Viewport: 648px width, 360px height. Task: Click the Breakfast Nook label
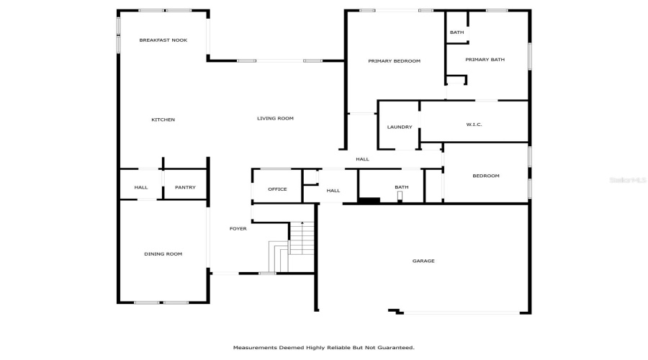click(x=163, y=40)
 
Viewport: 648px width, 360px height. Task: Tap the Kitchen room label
click(x=163, y=120)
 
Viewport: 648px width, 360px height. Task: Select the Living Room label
click(x=275, y=118)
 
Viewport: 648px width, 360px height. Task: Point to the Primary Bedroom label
click(x=394, y=61)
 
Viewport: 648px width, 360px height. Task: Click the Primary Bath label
click(x=485, y=60)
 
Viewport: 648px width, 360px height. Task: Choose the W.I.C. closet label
click(x=474, y=125)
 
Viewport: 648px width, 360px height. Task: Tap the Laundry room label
click(x=400, y=127)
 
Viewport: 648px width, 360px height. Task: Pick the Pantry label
click(x=185, y=188)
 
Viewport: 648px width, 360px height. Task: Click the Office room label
click(x=277, y=189)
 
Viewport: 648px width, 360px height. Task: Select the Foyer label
click(x=238, y=229)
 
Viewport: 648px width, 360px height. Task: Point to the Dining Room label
click(x=163, y=253)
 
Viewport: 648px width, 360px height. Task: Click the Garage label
click(x=423, y=261)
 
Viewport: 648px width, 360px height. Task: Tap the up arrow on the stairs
click(x=302, y=225)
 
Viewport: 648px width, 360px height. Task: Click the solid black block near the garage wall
click(x=369, y=200)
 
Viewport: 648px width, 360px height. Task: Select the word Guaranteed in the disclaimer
click(x=395, y=347)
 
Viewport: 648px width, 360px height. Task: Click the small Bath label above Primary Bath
click(x=456, y=32)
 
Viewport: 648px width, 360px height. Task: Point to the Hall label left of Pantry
click(x=141, y=188)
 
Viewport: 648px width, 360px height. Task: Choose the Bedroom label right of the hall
click(x=485, y=176)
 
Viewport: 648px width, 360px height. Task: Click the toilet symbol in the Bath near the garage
click(x=400, y=195)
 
